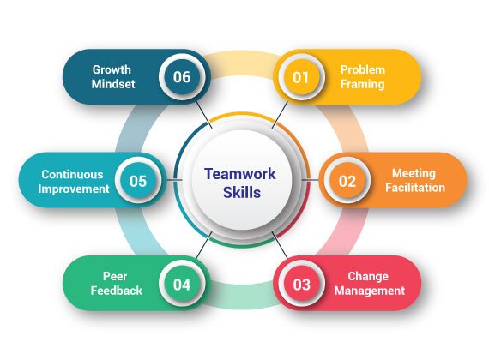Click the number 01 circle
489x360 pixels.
pos(301,77)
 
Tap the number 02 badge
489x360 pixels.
pos(347,181)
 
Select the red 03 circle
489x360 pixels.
pos(302,285)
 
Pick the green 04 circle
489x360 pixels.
pos(182,285)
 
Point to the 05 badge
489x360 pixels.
pos(138,181)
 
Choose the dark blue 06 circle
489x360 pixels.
pos(182,77)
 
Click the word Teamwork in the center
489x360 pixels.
pos(240,174)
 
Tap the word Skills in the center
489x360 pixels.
pos(242,192)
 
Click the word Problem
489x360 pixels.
pos(363,69)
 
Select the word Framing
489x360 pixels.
pos(362,85)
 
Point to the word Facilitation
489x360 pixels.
pos(415,188)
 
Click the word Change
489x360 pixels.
pos(368,277)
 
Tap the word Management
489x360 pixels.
pos(370,291)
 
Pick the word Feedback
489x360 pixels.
pos(117,291)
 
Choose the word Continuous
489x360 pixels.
pos(72,175)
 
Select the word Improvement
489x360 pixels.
pos(74,189)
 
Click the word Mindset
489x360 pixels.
pos(113,84)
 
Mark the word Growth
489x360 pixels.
pos(112,69)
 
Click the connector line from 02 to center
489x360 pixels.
pos(311,180)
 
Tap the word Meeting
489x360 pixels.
pos(414,174)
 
